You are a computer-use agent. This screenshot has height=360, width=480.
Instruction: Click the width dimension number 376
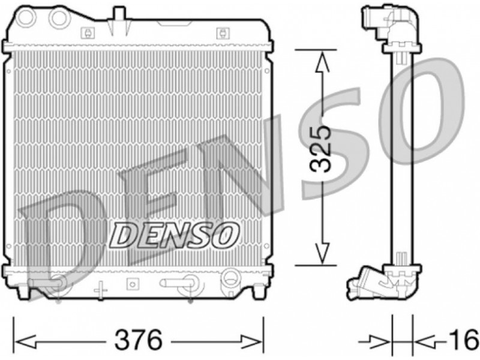click(138, 340)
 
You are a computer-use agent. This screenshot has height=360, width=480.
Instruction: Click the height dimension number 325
click(320, 149)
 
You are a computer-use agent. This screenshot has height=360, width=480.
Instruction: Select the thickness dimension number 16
click(467, 339)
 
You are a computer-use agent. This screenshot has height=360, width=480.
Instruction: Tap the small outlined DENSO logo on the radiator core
click(175, 235)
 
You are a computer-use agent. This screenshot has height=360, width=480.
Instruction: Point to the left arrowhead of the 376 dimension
click(25, 341)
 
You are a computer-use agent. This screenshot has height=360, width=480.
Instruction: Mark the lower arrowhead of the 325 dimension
click(322, 253)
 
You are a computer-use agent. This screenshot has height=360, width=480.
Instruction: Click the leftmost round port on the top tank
click(26, 17)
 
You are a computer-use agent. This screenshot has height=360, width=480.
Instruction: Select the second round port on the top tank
click(59, 18)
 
